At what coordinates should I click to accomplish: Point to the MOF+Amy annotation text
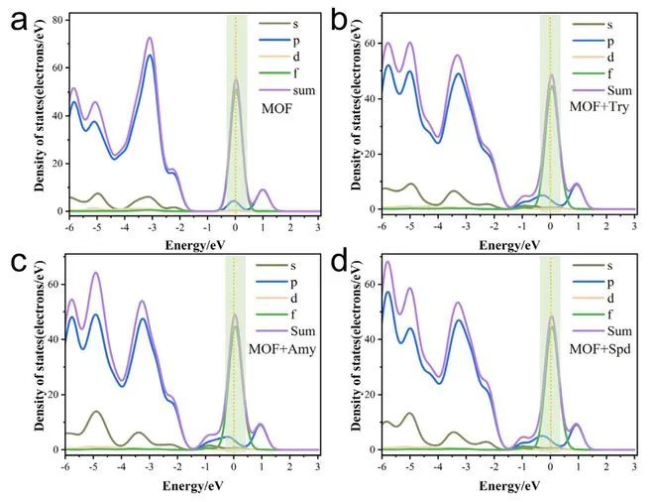(281, 346)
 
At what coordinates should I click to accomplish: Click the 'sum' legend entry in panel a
(283, 86)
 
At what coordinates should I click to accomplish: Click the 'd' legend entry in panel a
(282, 54)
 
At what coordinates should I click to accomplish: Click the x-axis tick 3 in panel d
(634, 464)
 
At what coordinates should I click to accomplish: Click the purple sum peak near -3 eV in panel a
(150, 39)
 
